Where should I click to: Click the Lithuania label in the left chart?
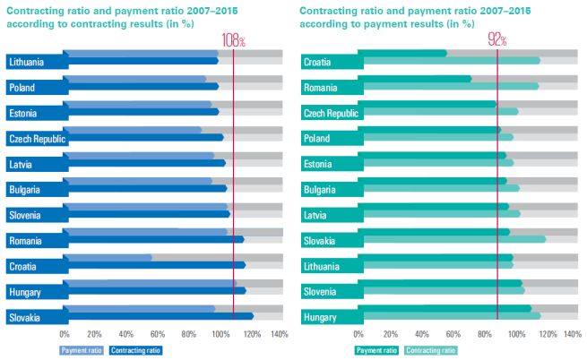[27, 62]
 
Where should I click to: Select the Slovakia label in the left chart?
[26, 317]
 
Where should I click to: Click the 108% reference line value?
[233, 41]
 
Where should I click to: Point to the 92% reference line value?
[497, 41]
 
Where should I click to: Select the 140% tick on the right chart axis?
[573, 334]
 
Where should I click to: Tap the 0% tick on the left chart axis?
[65, 334]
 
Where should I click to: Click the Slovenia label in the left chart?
[26, 215]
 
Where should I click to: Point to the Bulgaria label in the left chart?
[26, 190]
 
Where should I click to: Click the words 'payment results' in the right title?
[409, 25]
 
